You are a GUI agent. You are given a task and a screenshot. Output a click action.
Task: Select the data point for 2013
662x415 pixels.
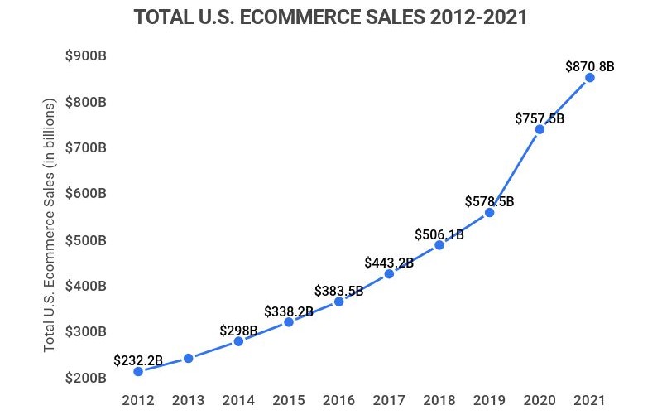[188, 358]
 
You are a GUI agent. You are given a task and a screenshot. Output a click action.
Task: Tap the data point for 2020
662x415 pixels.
[540, 129]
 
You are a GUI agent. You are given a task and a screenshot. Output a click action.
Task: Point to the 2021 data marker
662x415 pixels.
[590, 78]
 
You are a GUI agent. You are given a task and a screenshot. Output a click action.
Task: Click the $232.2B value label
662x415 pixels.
[138, 360]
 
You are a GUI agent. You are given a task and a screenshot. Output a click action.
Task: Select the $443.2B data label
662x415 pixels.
[389, 263]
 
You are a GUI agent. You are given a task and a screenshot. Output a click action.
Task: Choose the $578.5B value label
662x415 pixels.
[489, 201]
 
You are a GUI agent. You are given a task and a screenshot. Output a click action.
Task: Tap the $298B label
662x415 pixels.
[238, 331]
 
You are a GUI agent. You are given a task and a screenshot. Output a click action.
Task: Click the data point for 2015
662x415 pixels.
[289, 321]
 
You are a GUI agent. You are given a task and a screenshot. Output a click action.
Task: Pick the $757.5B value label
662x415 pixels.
[540, 118]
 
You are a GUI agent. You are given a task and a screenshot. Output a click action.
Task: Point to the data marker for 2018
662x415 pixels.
[439, 245]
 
